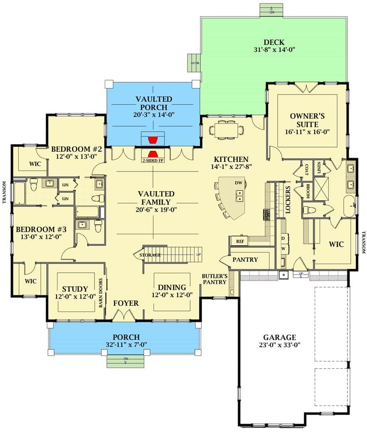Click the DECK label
[274, 42]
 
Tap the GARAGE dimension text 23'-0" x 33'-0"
[280, 345]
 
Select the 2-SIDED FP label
[153, 161]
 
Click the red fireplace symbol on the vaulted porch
[153, 140]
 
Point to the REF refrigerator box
[239, 241]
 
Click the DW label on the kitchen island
[238, 183]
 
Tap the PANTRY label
[245, 260]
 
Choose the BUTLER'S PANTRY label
[215, 279]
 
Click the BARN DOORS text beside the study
[101, 293]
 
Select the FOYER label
[126, 303]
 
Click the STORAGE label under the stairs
[150, 255]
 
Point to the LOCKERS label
[288, 200]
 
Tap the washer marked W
[283, 249]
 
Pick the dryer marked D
[283, 238]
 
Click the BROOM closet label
[308, 191]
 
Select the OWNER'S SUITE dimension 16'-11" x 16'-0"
[307, 132]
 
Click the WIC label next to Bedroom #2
[35, 164]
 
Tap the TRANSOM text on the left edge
[4, 192]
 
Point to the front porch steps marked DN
[125, 361]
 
